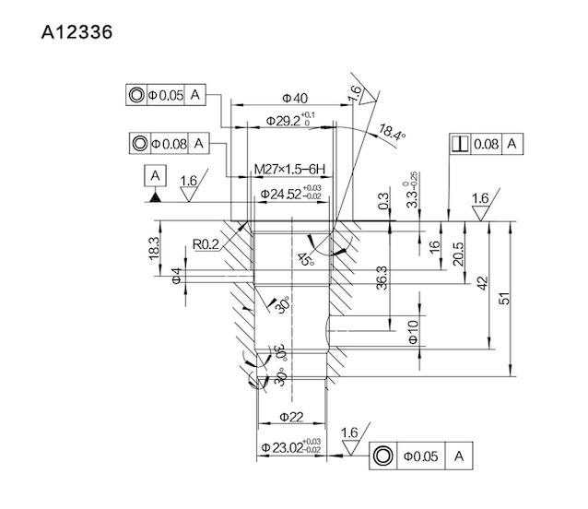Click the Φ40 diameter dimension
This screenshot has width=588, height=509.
click(x=294, y=98)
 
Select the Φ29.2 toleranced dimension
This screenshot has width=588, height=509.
click(x=287, y=119)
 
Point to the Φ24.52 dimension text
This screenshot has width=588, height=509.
click(x=290, y=194)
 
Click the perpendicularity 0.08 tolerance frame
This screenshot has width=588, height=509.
click(x=487, y=144)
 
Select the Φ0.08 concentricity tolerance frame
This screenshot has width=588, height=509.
click(x=171, y=144)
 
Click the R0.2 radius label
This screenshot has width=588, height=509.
click(x=207, y=244)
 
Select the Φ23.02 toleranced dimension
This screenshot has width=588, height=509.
click(x=290, y=449)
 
